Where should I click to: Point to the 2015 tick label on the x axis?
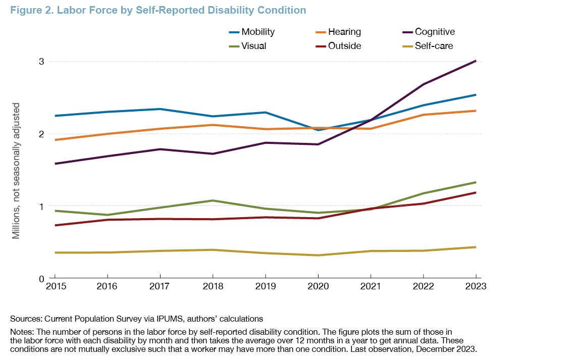pyautogui.click(x=54, y=286)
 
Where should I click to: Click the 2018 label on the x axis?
pyautogui.click(x=212, y=286)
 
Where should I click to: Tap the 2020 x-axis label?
pyautogui.click(x=318, y=286)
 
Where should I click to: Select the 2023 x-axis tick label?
pyautogui.click(x=476, y=286)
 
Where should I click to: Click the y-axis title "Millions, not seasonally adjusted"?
pyautogui.click(x=16, y=170)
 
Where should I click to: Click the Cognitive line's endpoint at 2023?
pyautogui.click(x=476, y=61)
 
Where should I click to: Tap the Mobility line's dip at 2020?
pyautogui.click(x=318, y=130)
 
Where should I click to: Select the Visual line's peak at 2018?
pyautogui.click(x=212, y=200)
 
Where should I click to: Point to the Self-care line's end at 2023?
pyautogui.click(x=476, y=247)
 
